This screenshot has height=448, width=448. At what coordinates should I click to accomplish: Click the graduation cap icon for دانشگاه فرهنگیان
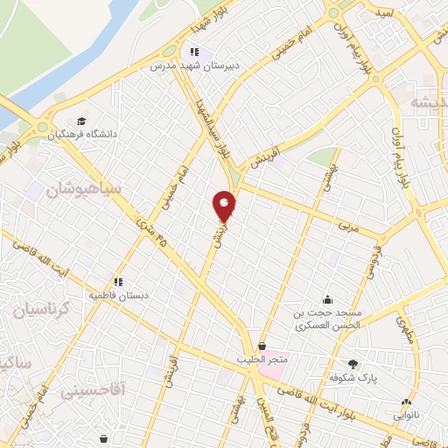pos(81,121)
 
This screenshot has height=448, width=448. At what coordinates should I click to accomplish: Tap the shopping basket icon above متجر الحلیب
pos(262,346)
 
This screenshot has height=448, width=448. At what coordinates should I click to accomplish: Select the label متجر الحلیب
pos(262,360)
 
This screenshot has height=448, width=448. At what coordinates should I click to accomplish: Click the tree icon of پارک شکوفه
pos(353,364)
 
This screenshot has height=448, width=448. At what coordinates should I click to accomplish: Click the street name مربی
pos(348,225)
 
